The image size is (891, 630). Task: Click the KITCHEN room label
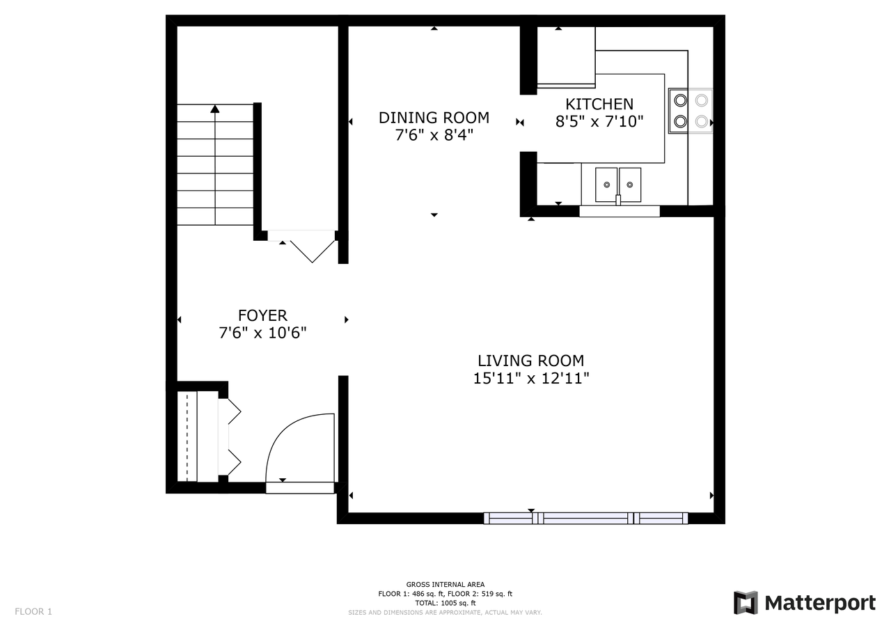[599, 104]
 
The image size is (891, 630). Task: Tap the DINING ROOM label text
[434, 118]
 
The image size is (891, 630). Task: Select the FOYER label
[262, 315]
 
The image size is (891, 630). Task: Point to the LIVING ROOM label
[530, 361]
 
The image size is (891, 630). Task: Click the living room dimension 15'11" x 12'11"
[530, 378]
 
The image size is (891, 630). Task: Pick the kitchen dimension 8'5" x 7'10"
[599, 121]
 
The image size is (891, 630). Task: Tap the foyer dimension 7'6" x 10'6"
[262, 333]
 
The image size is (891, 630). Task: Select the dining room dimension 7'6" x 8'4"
[434, 135]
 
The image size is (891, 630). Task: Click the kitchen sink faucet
[618, 200]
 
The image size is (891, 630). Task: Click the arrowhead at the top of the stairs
[215, 108]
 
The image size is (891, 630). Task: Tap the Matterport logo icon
[746, 603]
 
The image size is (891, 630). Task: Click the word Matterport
[820, 603]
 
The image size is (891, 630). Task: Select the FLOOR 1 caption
[33, 611]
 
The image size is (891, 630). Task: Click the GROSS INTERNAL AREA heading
[445, 584]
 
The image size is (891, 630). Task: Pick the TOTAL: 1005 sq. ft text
[445, 603]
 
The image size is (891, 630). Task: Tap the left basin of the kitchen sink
[606, 184]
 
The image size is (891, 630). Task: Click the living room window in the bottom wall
[585, 518]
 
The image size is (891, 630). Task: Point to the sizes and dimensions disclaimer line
[445, 613]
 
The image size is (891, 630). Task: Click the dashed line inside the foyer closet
[187, 436]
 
